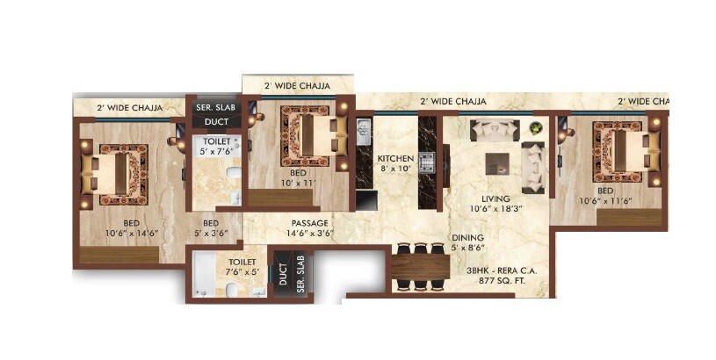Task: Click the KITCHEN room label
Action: pos(394,159)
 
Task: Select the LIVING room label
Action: pos(483,198)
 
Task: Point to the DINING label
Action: pos(466,237)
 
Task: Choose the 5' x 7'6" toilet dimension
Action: pos(216,150)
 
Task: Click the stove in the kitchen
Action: pos(428,162)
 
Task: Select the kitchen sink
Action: pos(365,133)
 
